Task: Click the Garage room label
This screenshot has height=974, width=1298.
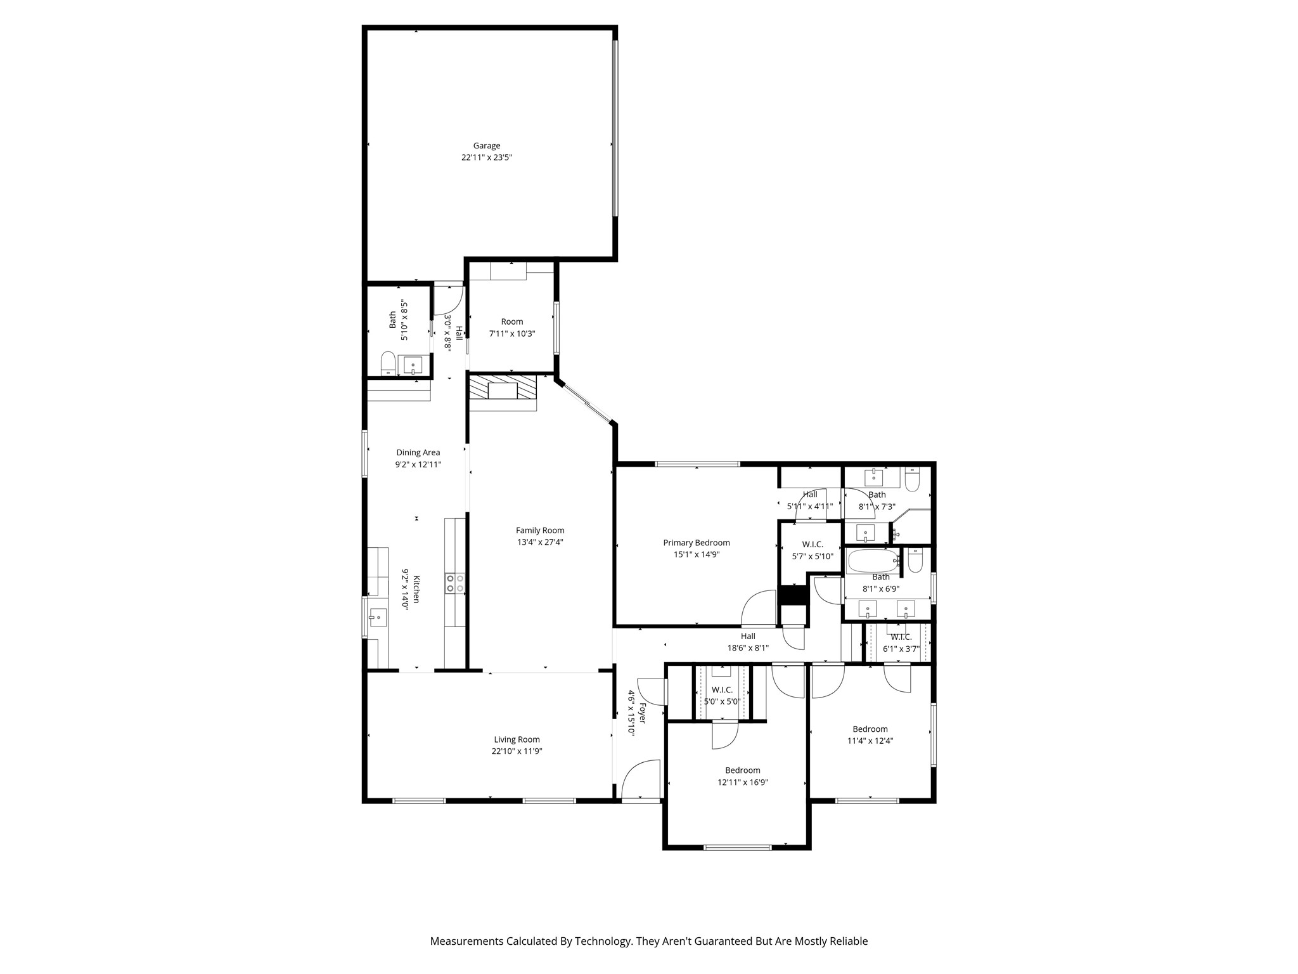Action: tap(486, 146)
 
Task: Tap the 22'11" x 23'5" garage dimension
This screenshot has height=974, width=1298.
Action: tap(486, 157)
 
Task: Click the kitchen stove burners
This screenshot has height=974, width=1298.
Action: tap(454, 583)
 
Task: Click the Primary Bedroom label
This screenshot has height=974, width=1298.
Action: tap(696, 543)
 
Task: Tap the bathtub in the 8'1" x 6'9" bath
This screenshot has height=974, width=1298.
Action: tap(871, 561)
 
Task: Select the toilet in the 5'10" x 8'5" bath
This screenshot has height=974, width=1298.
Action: tap(388, 365)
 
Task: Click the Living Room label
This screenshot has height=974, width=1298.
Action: tap(517, 739)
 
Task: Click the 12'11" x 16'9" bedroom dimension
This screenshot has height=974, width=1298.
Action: tap(742, 782)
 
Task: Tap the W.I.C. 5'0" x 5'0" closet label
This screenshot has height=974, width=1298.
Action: tap(722, 690)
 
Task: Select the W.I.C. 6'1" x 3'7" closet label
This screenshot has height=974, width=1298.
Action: tap(901, 637)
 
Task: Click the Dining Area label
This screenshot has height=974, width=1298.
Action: tap(418, 453)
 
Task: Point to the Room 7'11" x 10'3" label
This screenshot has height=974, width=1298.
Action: tap(511, 321)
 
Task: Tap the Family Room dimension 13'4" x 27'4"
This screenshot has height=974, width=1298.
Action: tap(539, 542)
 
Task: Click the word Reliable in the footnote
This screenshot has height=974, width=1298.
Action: tap(848, 941)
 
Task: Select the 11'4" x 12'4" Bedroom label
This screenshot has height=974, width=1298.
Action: tap(870, 729)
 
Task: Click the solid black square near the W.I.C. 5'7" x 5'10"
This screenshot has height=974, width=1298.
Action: tap(792, 595)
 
